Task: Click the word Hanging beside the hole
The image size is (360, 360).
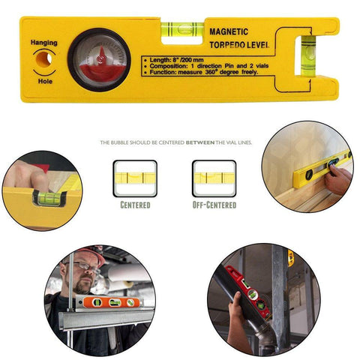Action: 43,43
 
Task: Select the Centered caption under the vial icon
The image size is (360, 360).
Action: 135,204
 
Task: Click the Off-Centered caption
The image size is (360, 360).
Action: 214,204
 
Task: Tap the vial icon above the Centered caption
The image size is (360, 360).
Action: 135,178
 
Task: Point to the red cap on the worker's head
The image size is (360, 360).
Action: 91,253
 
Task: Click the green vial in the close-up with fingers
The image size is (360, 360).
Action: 46,199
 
